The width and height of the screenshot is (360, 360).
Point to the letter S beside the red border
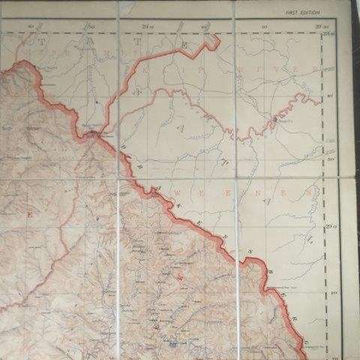253,250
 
